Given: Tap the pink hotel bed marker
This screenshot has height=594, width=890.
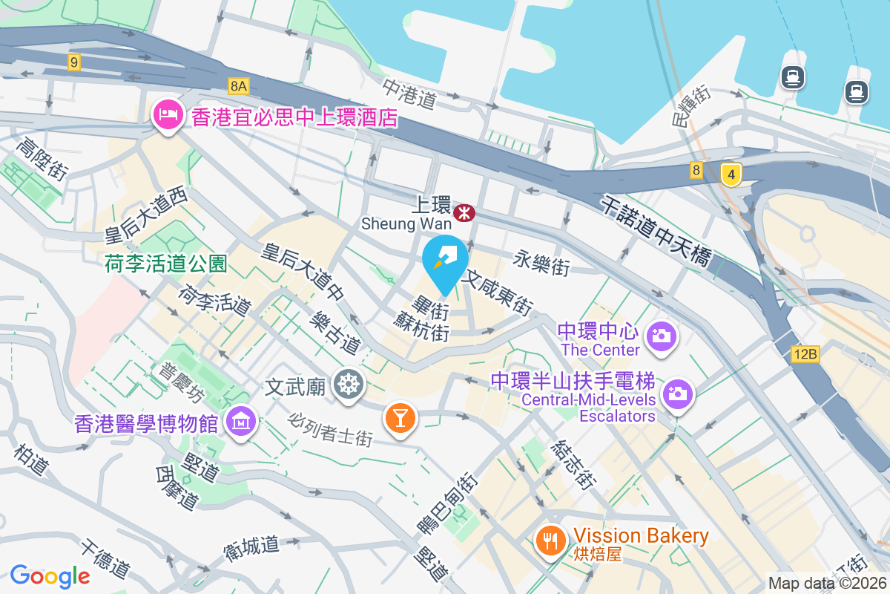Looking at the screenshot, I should click(165, 115).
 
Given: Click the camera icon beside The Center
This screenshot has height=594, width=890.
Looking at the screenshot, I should click(660, 336).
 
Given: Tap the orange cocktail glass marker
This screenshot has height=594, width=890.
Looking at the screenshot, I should click(400, 418).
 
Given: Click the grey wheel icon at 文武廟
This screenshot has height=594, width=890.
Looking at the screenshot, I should click(346, 385).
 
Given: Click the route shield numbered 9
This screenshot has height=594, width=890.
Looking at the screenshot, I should click(73, 62).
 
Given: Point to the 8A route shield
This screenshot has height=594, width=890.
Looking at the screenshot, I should click(237, 86).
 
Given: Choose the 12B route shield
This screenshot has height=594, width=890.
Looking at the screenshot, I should click(804, 354).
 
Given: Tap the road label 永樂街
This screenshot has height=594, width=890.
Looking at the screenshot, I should click(541, 262).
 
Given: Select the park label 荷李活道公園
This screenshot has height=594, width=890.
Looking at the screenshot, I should click(165, 263).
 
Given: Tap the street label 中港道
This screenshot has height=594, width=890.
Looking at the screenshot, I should click(409, 94).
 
